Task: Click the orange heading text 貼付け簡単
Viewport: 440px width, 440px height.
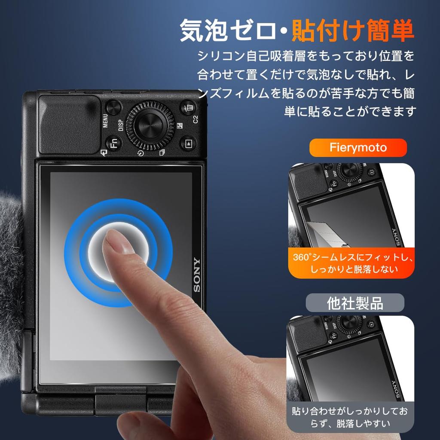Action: coord(352,31)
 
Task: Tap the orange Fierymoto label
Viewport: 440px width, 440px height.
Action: coord(358,148)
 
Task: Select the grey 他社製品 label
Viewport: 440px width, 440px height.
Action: coord(355,303)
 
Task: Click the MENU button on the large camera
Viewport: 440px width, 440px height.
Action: coord(114,107)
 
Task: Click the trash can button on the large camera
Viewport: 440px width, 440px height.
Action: coord(188,107)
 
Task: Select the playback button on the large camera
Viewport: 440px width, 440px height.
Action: coord(188,143)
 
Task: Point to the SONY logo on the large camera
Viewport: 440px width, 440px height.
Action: coord(196,275)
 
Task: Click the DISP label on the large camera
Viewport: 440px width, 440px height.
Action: coord(121,125)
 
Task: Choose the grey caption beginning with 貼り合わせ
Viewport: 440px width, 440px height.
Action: coord(350,417)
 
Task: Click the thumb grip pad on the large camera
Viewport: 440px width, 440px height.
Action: coord(69,125)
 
